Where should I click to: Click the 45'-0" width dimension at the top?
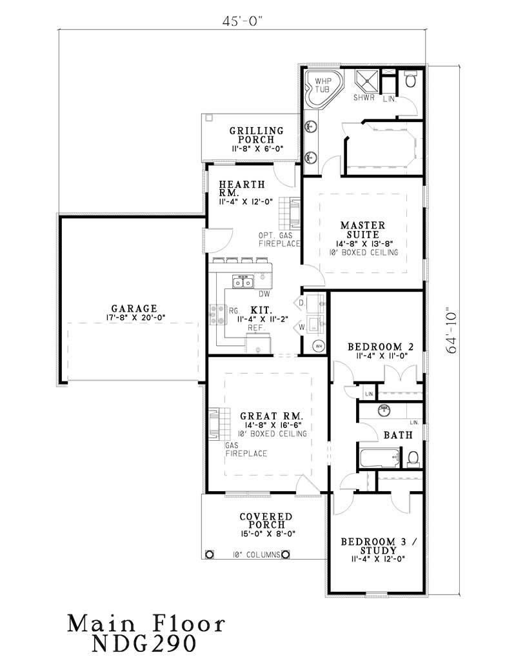244,20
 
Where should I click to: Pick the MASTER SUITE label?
363,230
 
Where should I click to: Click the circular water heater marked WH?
319,347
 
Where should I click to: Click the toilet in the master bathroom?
411,81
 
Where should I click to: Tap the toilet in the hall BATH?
413,458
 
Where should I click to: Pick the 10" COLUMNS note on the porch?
256,554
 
